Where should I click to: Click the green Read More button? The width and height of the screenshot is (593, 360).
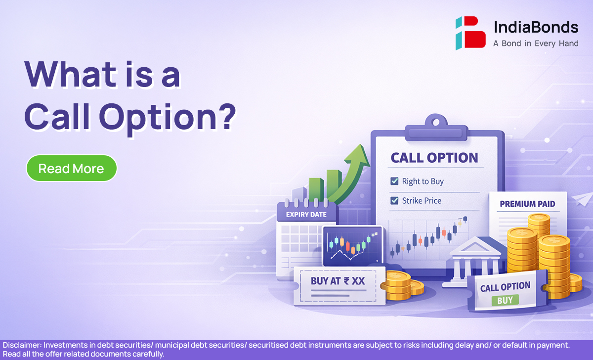[x=72, y=168]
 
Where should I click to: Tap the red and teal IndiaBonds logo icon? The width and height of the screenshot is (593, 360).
[x=470, y=33]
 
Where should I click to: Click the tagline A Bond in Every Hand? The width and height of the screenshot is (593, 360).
[x=536, y=44]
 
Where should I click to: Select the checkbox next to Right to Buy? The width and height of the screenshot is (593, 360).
[x=394, y=181]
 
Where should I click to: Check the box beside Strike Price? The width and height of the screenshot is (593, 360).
[x=394, y=201]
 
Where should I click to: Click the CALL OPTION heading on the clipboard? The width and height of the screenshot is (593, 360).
[x=434, y=158]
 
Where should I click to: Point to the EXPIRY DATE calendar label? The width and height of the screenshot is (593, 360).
[x=306, y=215]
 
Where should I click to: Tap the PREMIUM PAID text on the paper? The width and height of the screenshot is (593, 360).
[x=527, y=204]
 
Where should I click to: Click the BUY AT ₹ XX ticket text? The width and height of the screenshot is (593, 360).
[x=338, y=281]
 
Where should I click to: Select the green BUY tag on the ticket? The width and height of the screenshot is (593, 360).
[x=505, y=300]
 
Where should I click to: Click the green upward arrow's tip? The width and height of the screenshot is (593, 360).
[x=361, y=144]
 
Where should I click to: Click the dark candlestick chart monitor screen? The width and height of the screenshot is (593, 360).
[x=353, y=246]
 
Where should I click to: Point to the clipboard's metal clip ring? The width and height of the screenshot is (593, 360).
[x=436, y=122]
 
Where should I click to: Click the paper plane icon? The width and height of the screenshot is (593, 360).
[x=583, y=199]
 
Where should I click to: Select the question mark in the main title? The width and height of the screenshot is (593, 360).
[x=227, y=117]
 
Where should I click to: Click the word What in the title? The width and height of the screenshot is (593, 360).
[x=70, y=74]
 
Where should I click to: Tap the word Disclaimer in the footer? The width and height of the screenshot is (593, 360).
[x=22, y=345]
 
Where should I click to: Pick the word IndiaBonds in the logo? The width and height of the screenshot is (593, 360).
[x=536, y=27]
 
